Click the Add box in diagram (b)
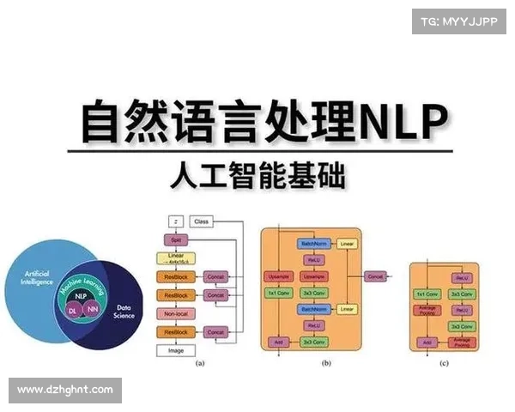tap(278, 342)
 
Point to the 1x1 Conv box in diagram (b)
tap(278, 294)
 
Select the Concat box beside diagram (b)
tap(375, 276)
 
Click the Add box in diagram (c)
tap(427, 342)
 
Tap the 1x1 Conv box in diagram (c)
tap(427, 294)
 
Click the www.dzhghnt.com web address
tap(65, 391)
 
